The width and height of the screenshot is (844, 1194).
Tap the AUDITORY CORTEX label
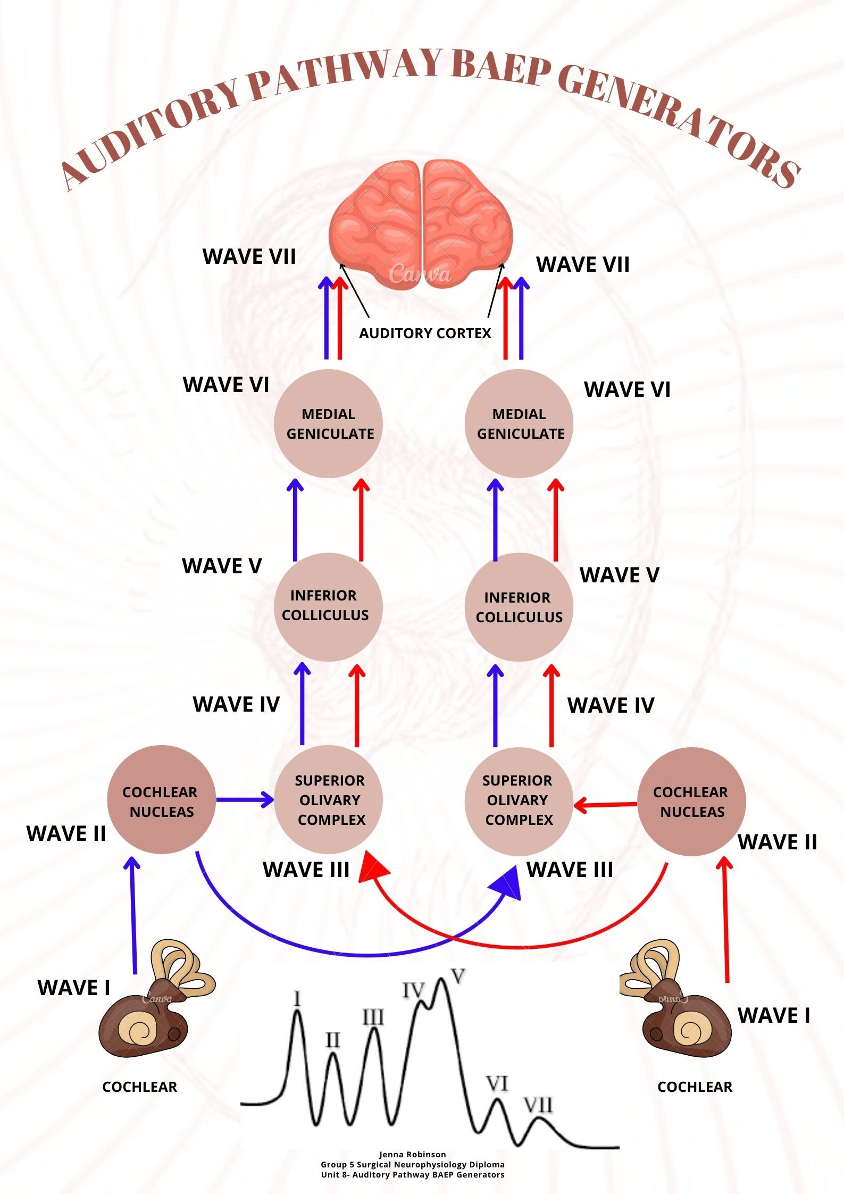coord(425,333)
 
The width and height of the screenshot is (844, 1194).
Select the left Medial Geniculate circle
coord(328,424)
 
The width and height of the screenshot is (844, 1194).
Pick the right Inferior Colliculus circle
coord(519,607)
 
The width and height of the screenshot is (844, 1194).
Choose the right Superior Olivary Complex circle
coord(519,800)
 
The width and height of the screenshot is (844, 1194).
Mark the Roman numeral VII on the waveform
coord(539,1106)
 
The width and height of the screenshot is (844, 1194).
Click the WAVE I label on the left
coord(74,988)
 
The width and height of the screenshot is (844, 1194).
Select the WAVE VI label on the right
coord(627,389)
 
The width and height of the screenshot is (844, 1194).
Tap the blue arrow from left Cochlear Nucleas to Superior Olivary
coord(244,799)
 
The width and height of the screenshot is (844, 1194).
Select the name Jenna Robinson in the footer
coord(412,1155)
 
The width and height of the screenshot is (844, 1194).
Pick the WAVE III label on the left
coord(306,870)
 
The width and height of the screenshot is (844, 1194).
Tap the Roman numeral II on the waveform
coord(332,1040)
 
